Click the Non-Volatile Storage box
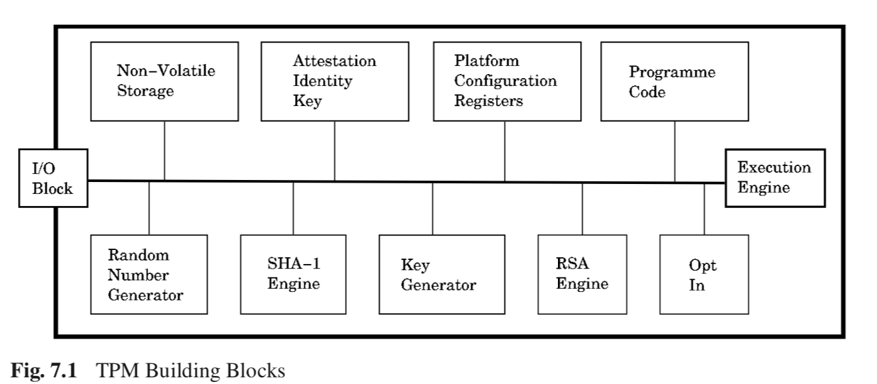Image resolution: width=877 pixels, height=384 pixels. (x=164, y=81)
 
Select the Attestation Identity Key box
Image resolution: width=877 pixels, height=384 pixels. (x=335, y=81)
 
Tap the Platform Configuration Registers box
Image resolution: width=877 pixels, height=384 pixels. (x=507, y=81)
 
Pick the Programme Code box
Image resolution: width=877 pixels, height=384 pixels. (x=675, y=81)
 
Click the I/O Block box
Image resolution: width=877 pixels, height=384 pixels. (x=53, y=178)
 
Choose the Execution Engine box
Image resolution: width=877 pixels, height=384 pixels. (x=775, y=178)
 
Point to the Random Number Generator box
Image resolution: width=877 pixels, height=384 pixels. (x=149, y=275)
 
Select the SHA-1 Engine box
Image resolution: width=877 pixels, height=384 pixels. (x=293, y=275)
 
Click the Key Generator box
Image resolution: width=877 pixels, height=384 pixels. (x=442, y=275)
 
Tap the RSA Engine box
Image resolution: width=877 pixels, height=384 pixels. (x=582, y=275)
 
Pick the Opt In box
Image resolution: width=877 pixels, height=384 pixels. (x=704, y=275)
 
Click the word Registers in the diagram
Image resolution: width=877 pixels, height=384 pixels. (x=488, y=101)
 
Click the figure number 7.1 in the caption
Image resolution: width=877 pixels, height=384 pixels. (x=63, y=370)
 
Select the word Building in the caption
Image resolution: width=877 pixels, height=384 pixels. (x=183, y=371)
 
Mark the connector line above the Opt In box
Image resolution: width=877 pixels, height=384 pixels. (x=704, y=209)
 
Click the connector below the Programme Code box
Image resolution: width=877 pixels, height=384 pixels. (x=675, y=151)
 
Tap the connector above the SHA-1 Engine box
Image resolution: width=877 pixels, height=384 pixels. (x=293, y=208)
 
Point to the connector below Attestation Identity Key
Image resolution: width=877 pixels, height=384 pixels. (x=335, y=151)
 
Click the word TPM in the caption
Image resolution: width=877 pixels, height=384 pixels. (x=117, y=370)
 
